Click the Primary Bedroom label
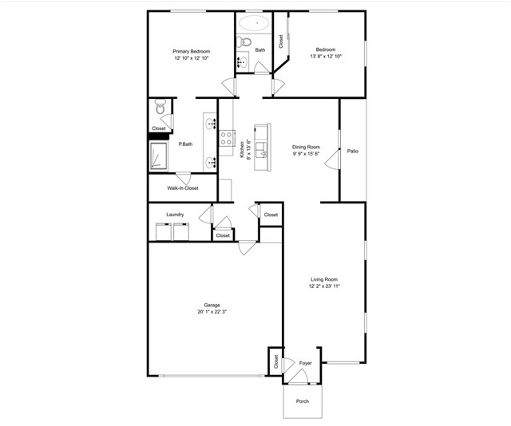point(191,51)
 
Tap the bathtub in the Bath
point(257,23)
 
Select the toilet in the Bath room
point(246,41)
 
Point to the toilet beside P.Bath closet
point(160,105)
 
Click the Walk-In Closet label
point(182,188)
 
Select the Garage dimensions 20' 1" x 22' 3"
point(212,312)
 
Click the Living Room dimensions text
point(325,286)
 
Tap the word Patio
point(352,151)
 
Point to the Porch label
point(303,400)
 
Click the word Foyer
point(305,363)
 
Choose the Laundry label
point(176,215)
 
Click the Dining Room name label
point(306,147)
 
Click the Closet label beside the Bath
point(280,41)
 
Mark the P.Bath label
point(185,144)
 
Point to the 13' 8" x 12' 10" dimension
point(326,56)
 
